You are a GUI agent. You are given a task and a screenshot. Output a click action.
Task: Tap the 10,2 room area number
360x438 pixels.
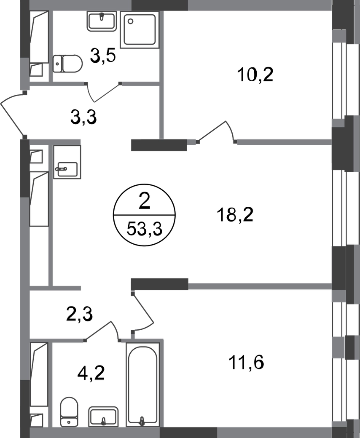tap(255, 75)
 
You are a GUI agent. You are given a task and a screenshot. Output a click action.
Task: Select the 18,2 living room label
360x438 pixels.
tap(235, 215)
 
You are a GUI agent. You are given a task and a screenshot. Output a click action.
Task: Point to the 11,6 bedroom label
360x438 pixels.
tap(246, 363)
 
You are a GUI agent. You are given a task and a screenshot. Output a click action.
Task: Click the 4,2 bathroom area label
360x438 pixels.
tap(91, 373)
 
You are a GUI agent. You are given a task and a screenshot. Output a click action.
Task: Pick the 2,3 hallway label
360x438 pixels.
tap(79, 314)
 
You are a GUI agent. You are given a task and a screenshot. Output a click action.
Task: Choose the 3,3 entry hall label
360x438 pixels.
tap(83, 118)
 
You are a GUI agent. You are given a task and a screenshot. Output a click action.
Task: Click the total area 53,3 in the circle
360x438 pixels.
tap(144, 230)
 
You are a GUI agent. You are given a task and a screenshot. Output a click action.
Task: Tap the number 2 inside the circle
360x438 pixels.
tap(144, 202)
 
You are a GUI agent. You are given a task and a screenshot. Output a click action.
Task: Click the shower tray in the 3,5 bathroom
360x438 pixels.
tap(140, 29)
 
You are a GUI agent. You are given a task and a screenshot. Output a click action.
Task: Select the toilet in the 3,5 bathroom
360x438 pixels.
tap(67, 64)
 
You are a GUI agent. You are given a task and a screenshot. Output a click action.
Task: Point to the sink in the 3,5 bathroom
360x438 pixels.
tap(102, 21)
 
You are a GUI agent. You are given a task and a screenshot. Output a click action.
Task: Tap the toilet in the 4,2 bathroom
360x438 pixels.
tap(69, 412)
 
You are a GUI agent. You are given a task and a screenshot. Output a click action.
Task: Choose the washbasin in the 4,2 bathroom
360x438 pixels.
tap(103, 417)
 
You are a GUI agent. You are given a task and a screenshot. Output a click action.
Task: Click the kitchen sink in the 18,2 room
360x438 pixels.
tap(67, 168)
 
